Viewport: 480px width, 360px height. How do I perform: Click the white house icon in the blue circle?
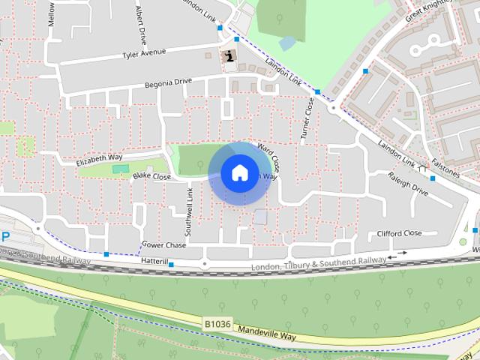239,173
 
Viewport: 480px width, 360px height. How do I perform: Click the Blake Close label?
151,177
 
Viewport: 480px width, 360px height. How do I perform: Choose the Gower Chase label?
163,244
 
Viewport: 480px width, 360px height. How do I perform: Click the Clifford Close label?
400,233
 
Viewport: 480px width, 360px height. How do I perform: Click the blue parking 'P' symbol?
5,236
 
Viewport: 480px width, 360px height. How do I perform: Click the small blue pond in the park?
287,43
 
